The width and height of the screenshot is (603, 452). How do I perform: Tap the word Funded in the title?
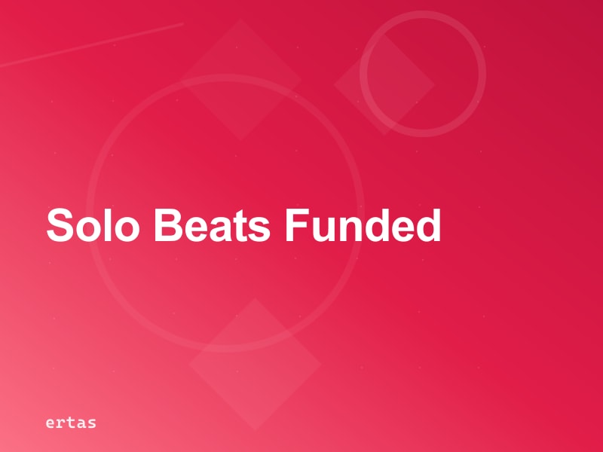(x=362, y=225)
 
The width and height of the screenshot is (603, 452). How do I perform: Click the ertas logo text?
(x=71, y=423)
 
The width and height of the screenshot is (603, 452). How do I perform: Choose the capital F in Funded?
(x=295, y=225)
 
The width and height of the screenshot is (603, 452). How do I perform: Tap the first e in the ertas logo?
(x=51, y=423)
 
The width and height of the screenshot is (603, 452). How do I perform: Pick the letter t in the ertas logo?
(x=71, y=423)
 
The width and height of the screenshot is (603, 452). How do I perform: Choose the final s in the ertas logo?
(x=91, y=423)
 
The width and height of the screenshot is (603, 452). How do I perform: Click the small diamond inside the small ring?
(x=384, y=84)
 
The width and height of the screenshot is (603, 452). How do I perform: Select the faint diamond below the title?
(x=255, y=363)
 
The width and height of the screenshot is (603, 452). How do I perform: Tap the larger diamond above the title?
(x=240, y=79)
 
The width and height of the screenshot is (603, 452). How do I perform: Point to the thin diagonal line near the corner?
(x=90, y=45)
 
